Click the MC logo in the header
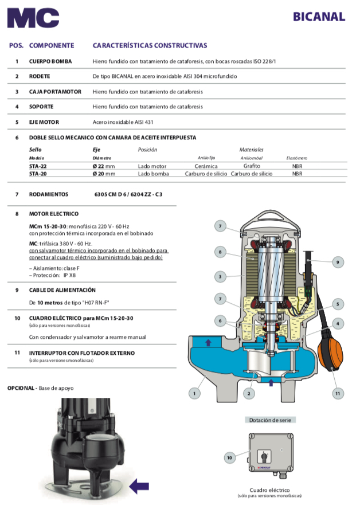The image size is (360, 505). [33, 18]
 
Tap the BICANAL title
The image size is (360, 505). [319, 17]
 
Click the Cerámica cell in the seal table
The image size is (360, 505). [206, 166]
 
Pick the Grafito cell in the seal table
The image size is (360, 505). [252, 166]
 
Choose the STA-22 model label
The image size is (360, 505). [39, 166]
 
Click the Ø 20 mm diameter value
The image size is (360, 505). [104, 174]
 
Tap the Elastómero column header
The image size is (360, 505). [297, 158]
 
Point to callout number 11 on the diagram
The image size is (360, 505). [338, 393]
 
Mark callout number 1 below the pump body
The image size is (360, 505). [195, 393]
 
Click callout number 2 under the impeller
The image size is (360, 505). [248, 393]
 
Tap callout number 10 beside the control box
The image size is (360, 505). [229, 457]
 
